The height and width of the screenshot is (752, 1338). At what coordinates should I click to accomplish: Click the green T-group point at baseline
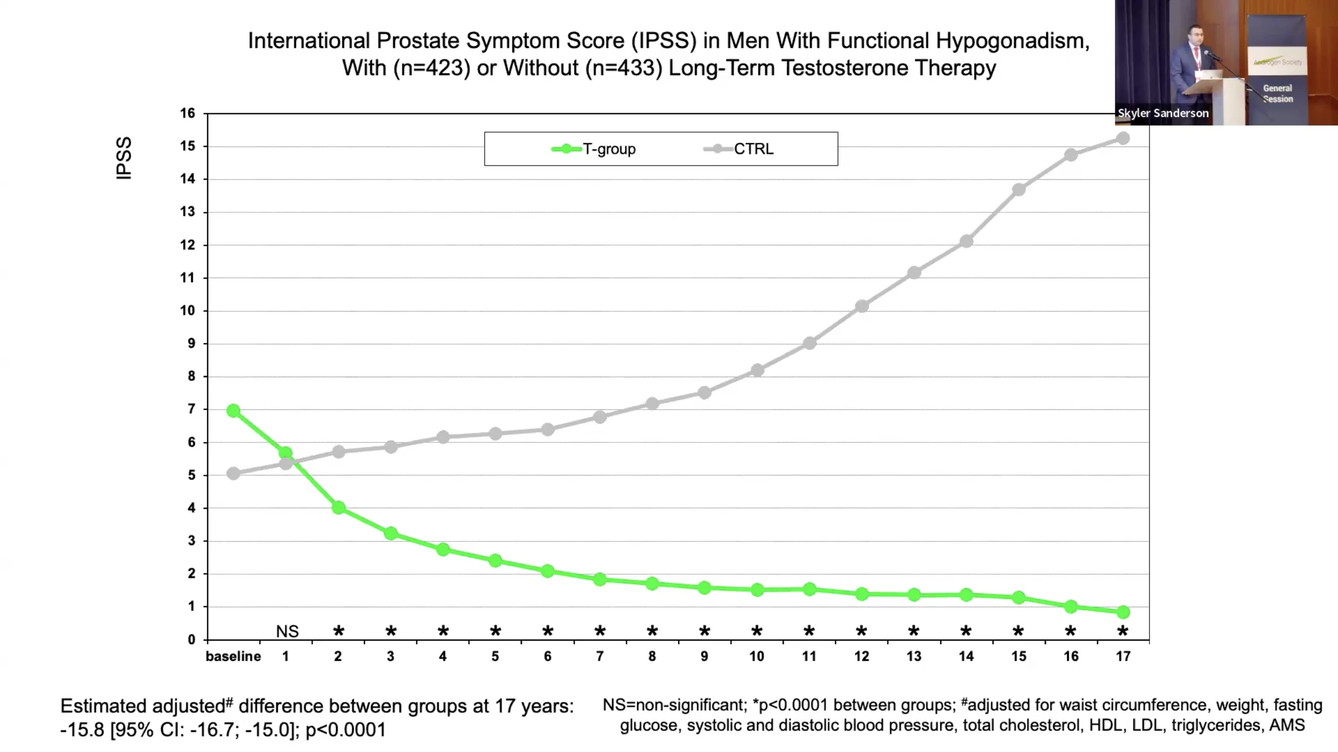234,411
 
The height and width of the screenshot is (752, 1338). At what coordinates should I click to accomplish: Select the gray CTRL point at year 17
1123,139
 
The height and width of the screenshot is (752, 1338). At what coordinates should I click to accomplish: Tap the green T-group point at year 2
338,508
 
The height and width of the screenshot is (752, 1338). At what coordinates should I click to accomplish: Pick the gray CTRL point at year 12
861,306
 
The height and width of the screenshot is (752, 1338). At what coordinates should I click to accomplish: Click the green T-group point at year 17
1123,612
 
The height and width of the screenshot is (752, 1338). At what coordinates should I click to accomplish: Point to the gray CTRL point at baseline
234,474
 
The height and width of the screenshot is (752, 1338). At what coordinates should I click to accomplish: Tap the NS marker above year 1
287,632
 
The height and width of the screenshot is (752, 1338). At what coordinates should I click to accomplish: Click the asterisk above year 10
757,631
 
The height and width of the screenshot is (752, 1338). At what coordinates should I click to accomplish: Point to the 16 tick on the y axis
188,113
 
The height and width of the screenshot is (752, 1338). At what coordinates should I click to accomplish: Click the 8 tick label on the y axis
191,377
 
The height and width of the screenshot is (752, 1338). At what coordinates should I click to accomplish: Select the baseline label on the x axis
233,656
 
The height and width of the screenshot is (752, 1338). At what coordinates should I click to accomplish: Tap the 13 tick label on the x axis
914,656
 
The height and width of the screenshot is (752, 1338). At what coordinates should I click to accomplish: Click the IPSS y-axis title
124,158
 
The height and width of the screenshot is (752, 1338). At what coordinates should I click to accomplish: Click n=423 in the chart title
432,68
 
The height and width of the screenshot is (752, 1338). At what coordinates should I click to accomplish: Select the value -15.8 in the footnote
82,730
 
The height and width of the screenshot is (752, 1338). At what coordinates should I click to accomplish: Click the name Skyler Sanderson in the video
1163,113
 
